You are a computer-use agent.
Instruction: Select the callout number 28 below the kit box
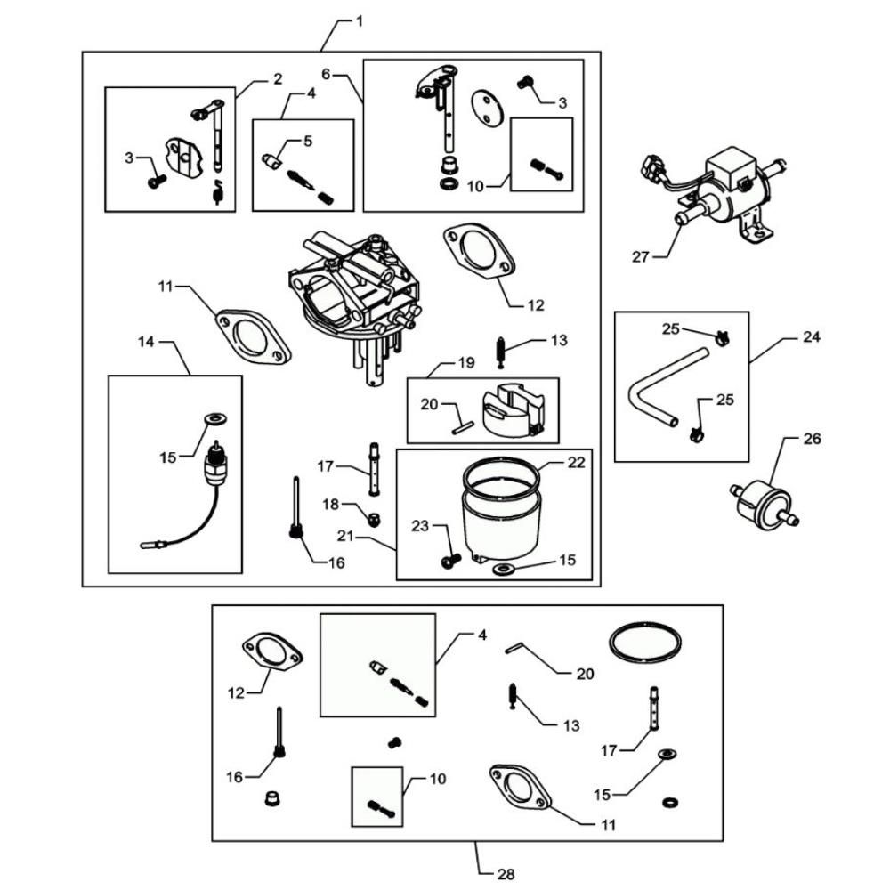(506, 874)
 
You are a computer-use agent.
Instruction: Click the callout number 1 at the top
(359, 20)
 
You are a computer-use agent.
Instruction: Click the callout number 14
(146, 340)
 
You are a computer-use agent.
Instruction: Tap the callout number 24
(812, 337)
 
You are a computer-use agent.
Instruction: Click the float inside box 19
(511, 412)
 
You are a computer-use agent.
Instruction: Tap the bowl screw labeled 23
(449, 560)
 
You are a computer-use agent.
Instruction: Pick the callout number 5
(308, 140)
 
